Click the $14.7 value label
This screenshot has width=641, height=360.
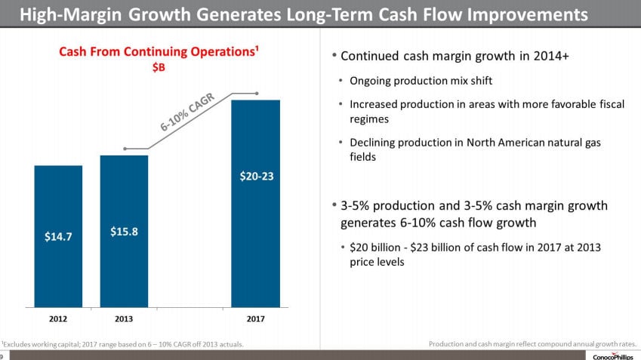pos(58,236)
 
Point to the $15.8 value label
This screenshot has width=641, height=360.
pos(124,231)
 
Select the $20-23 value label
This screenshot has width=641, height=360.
pos(256,177)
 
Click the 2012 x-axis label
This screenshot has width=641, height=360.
pos(58,319)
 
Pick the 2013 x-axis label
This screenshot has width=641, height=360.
pos(124,319)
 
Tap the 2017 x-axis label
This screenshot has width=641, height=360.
pos(255,319)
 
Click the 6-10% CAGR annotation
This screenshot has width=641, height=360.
pos(188,114)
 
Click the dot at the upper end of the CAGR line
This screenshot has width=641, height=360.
pos(257,94)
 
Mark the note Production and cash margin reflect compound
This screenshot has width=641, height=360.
pos(532,344)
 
